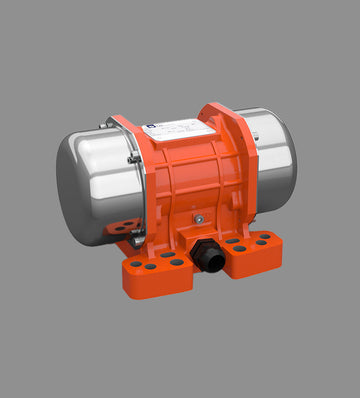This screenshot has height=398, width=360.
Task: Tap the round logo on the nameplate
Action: pyautogui.click(x=146, y=128)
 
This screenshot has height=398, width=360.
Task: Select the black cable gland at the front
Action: pyautogui.click(x=210, y=259)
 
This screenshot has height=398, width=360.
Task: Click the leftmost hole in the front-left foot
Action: pyautogui.click(x=135, y=265)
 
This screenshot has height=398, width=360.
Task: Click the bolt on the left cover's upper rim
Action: pyautogui.click(x=109, y=125)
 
